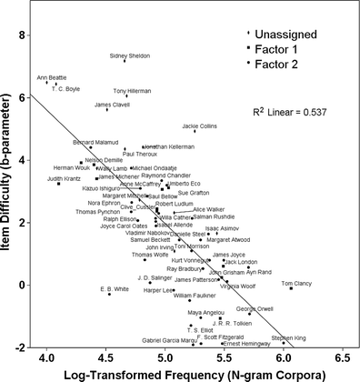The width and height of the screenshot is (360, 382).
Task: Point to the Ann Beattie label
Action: pos(53,78)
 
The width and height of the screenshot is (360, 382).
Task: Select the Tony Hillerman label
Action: pos(133,91)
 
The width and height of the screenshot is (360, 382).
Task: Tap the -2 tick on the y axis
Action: pos(25,347)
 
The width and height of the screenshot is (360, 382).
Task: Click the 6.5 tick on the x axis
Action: pos(345,358)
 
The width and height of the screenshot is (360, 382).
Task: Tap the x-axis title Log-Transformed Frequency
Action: pos(195,373)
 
